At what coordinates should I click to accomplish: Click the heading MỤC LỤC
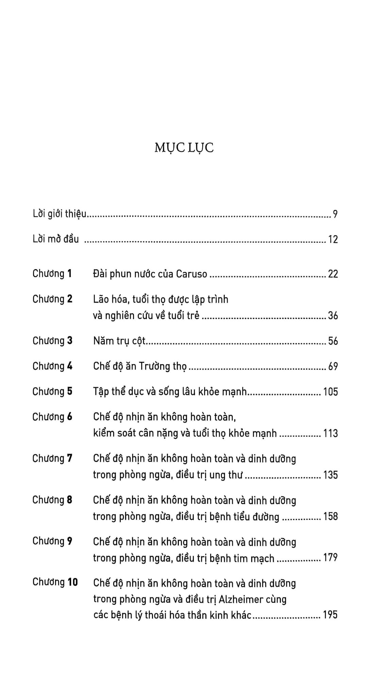tap(184, 148)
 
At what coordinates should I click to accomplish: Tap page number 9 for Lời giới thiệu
tap(335, 214)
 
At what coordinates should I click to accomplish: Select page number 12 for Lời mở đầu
tap(333, 240)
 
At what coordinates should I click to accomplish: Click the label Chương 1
tap(52, 274)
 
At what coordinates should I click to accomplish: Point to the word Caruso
tap(191, 274)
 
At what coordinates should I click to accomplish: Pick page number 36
tap(333, 316)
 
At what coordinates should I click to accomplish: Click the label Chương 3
tap(52, 341)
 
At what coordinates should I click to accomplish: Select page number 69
tap(333, 367)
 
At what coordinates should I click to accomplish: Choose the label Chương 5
tap(52, 391)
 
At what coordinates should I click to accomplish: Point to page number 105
tap(331, 392)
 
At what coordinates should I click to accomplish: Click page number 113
tap(331, 434)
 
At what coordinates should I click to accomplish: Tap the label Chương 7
tap(52, 458)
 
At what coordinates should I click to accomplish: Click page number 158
tap(331, 517)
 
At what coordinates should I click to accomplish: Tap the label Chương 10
tap(55, 582)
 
